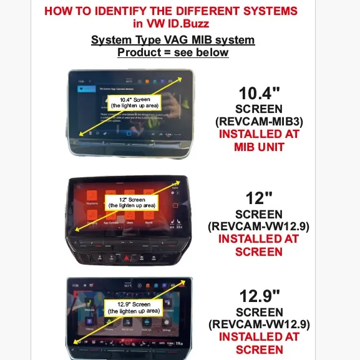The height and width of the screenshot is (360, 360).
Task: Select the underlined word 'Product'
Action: coord(137,52)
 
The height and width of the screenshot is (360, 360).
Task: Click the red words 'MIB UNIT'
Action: coord(258,147)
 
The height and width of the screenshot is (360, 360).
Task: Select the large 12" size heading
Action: coord(259,198)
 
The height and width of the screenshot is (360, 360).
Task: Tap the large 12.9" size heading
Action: coord(259,296)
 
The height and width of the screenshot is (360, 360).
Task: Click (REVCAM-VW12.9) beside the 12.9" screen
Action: coord(258,324)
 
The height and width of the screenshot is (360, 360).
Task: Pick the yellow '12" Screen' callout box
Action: coord(132,202)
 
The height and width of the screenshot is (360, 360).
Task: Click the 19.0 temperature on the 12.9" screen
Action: coord(178,343)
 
